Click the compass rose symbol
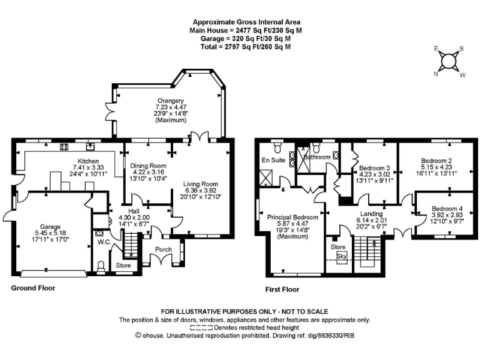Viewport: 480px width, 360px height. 448,61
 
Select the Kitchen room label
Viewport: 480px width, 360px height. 84,161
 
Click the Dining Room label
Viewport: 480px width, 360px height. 149,166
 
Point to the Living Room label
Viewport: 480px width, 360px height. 201,184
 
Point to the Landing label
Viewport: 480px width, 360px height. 371,213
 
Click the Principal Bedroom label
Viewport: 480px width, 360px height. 292,217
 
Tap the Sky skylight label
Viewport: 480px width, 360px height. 342,256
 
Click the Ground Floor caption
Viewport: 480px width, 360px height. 33,288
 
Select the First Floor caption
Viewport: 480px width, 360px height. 282,289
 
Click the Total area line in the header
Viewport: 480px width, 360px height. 240,46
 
